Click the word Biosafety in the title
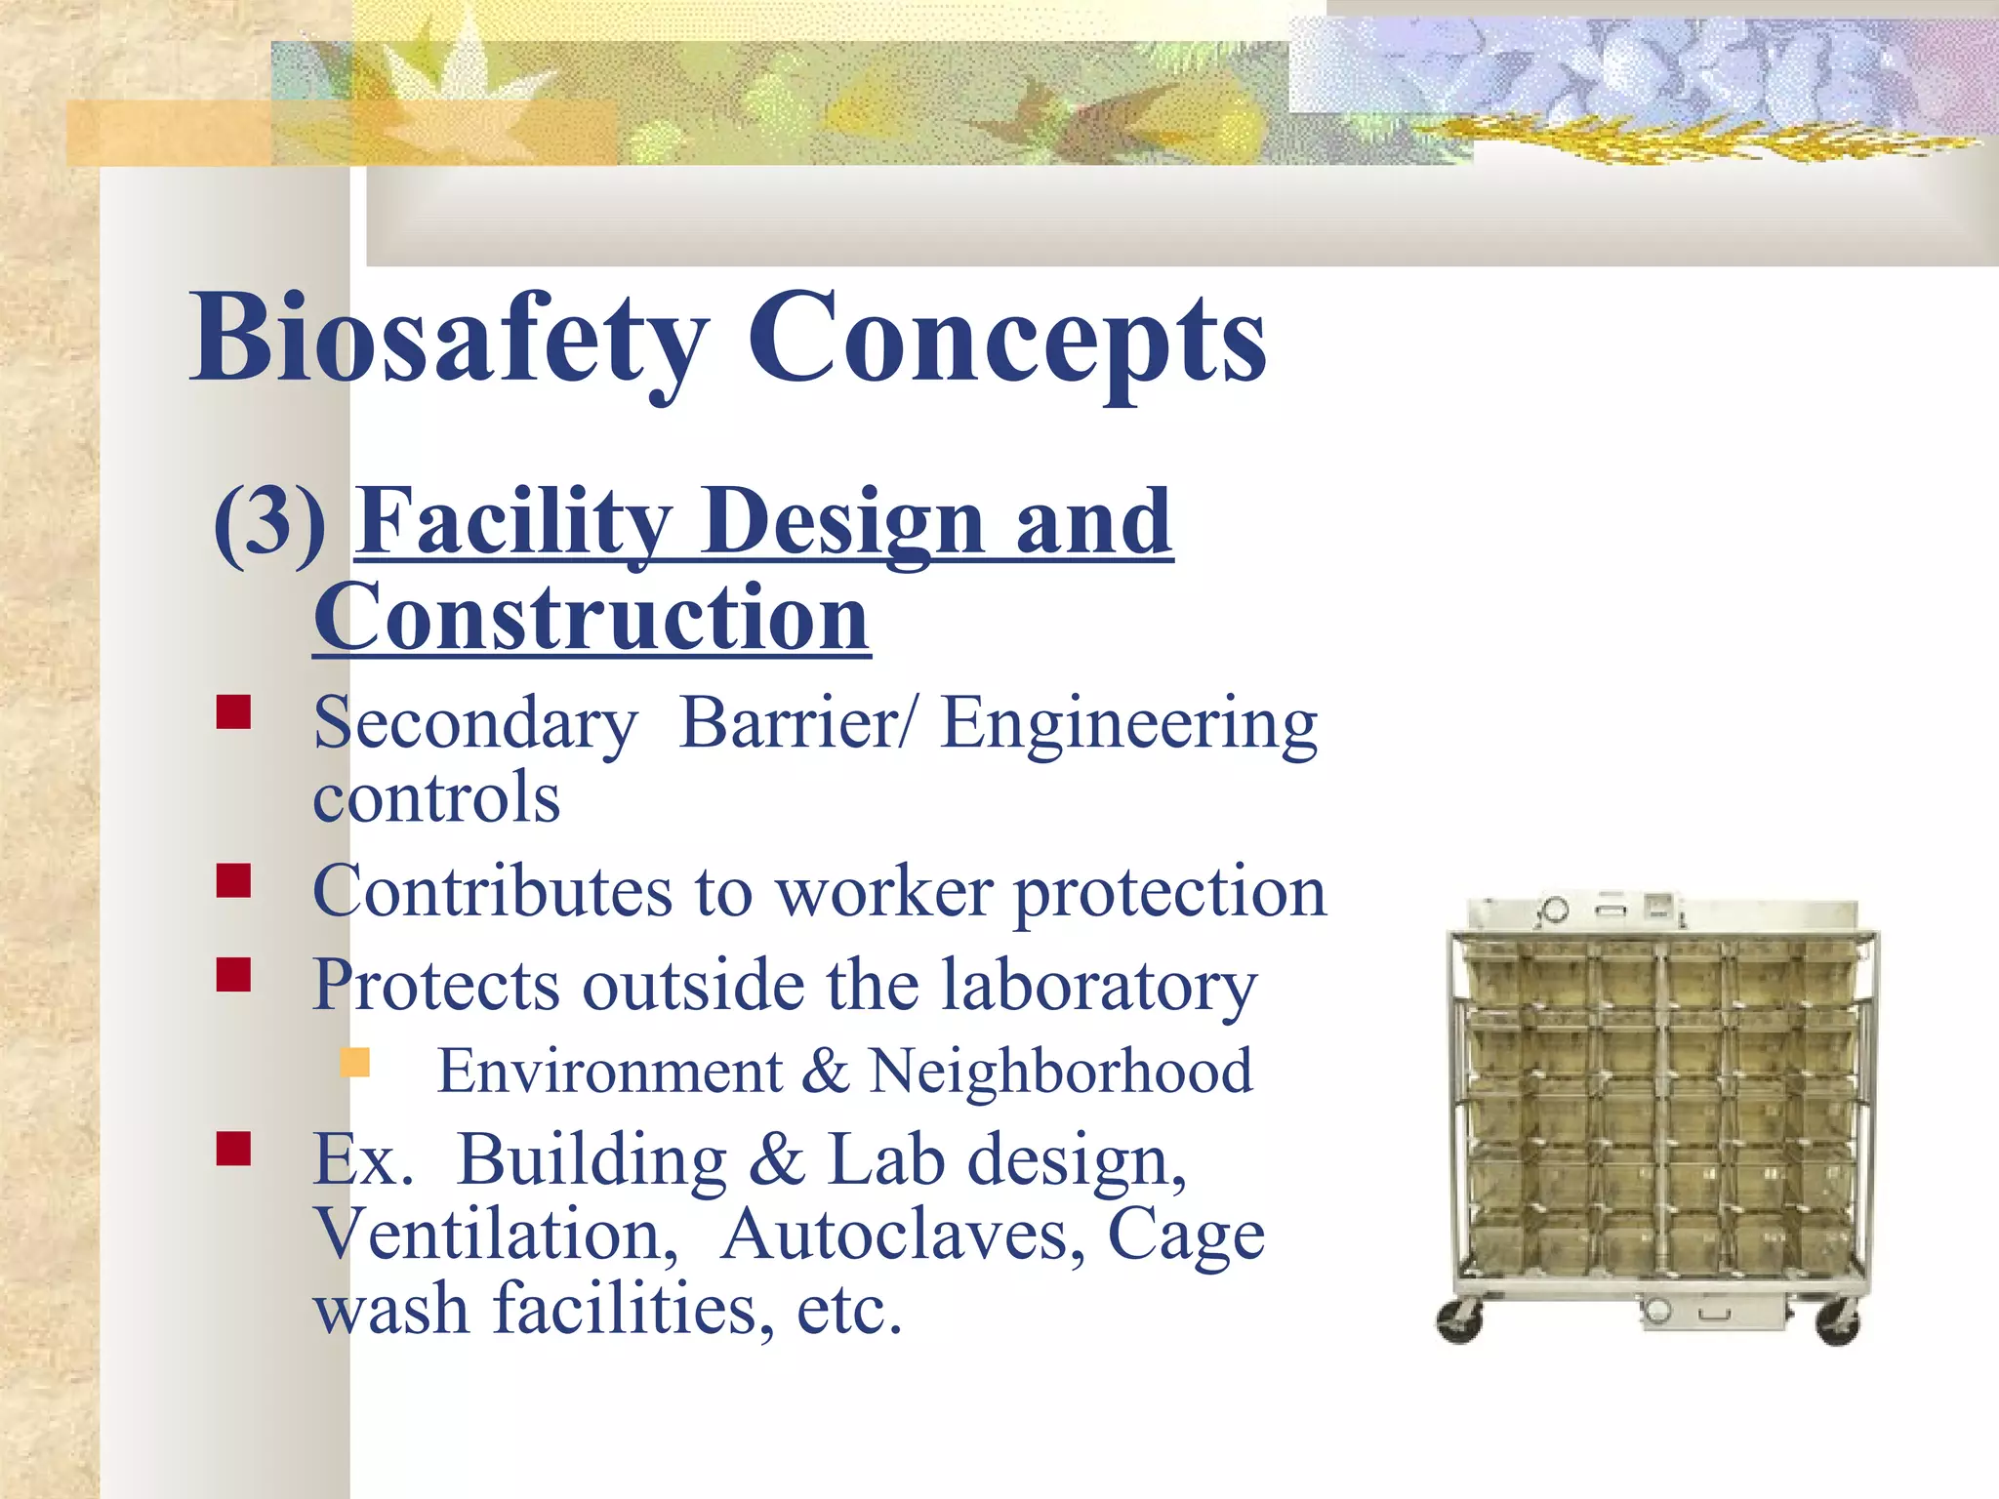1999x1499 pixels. point(449,339)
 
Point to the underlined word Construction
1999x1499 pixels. point(592,618)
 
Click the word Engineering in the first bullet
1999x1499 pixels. point(1128,724)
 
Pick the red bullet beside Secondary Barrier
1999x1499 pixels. point(234,712)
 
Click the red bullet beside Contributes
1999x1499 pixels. point(234,880)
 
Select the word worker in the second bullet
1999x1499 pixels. point(884,892)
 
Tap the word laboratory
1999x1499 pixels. point(1099,986)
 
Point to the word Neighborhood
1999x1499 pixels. point(1060,1072)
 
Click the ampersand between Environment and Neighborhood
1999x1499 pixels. point(825,1072)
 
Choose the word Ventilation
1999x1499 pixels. point(496,1236)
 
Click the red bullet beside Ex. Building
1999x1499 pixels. point(234,1149)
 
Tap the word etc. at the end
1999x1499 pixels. point(849,1310)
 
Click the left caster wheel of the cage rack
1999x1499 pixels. point(1460,1322)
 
